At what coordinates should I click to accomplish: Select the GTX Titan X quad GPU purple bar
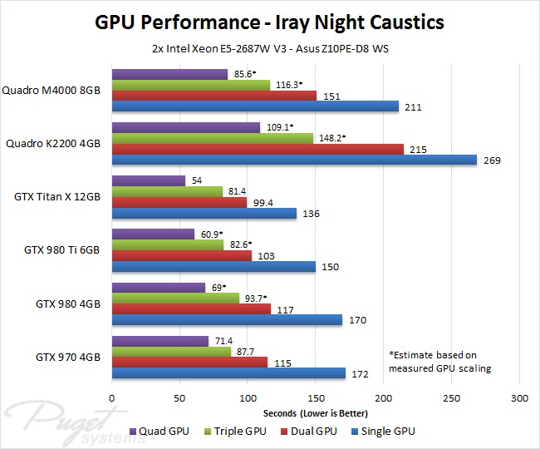148,180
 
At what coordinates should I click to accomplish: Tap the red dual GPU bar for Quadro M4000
214,96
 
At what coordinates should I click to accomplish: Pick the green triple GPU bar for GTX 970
171,352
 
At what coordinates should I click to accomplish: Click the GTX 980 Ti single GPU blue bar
214,267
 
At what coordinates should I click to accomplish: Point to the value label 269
491,160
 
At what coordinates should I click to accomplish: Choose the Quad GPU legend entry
160,431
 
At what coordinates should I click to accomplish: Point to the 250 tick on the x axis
451,398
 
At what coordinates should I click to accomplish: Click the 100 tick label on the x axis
248,398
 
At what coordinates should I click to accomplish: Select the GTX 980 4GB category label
68,304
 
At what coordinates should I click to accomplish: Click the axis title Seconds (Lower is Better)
315,413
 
